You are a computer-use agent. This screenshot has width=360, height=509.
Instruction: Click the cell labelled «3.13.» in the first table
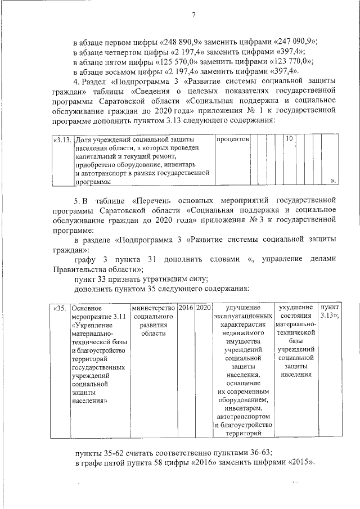(62, 138)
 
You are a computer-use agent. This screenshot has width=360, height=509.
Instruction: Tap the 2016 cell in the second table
(186, 308)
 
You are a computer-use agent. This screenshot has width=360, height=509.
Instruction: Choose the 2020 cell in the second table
(204, 308)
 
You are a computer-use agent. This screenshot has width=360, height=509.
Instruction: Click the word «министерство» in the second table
(152, 308)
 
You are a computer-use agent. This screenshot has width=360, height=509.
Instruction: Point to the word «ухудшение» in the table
(295, 308)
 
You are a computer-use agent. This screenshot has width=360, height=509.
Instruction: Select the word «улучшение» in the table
(242, 308)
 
